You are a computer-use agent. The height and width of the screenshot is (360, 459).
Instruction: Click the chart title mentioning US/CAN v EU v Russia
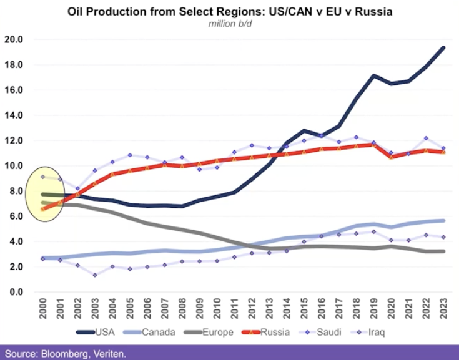point(229,12)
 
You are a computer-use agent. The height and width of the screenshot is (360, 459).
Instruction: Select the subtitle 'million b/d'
point(229,24)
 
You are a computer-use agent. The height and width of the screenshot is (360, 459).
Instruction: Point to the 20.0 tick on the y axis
point(13,39)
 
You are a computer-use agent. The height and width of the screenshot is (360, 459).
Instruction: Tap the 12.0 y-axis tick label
point(13,140)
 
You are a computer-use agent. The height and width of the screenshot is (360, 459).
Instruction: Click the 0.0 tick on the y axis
point(15,292)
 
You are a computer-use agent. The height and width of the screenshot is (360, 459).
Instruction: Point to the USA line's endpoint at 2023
point(443,47)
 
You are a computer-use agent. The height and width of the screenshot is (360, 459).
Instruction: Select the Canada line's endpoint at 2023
point(443,220)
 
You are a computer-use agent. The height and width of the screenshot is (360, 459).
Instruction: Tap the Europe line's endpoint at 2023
point(443,251)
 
